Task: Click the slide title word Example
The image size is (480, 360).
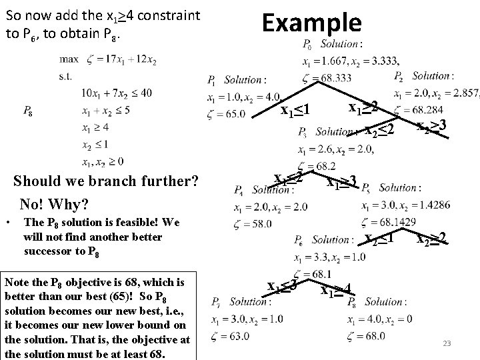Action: click(311, 23)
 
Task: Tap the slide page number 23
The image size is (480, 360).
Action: click(447, 344)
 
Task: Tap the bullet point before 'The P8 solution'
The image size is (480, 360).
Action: click(7, 222)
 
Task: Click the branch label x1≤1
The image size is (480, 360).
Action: click(295, 108)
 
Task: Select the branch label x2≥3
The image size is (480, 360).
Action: click(432, 125)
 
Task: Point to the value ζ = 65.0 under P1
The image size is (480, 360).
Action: click(226, 113)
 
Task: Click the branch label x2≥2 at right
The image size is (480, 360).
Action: click(432, 237)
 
